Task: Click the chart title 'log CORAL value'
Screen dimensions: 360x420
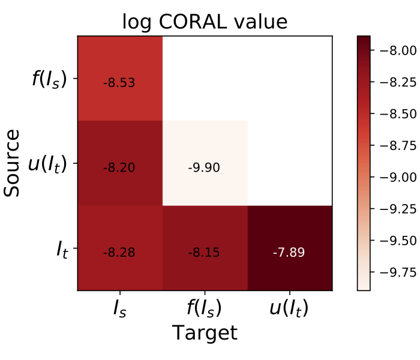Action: tap(205, 22)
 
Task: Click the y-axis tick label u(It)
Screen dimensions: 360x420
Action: tap(52, 163)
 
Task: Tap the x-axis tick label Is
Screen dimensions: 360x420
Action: tap(119, 308)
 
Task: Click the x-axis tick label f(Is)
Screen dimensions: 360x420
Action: tap(205, 308)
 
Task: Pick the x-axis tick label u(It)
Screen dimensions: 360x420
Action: tap(289, 308)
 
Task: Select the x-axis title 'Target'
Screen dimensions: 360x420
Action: tap(205, 333)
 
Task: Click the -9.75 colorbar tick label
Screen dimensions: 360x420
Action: tap(393, 272)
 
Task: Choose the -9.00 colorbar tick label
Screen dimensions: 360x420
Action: tap(393, 177)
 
